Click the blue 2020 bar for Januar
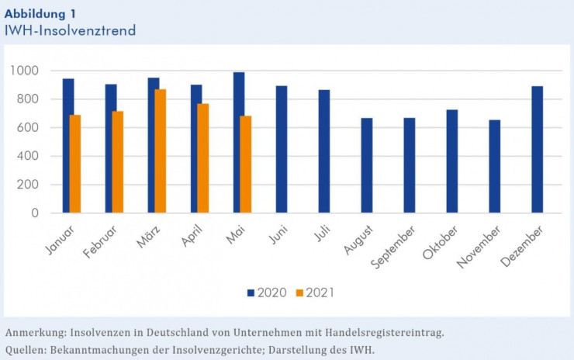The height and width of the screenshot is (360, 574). [x=68, y=146]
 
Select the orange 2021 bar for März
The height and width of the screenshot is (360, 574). [x=160, y=151]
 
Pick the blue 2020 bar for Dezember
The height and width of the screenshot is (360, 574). [x=537, y=150]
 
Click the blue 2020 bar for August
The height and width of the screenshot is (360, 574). [x=366, y=165]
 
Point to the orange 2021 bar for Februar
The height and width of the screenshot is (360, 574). [x=117, y=162]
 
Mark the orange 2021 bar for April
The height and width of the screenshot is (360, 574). [x=202, y=158]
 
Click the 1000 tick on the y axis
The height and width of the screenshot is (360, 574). [x=24, y=71]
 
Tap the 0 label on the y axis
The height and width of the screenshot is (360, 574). [x=35, y=213]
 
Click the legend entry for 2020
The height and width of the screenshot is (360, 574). [x=266, y=292]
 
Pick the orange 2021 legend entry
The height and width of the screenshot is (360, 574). [x=314, y=292]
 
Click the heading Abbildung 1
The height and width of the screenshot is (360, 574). [x=40, y=14]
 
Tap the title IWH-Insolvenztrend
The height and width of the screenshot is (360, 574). [x=70, y=30]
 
